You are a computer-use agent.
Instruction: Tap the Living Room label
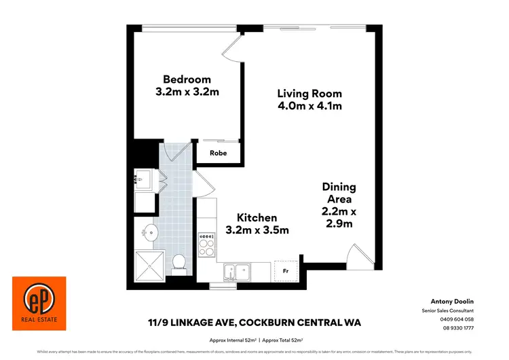[309, 94]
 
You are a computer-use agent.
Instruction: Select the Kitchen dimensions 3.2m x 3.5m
[257, 230]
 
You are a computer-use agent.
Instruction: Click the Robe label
[218, 154]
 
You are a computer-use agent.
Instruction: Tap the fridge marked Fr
[286, 269]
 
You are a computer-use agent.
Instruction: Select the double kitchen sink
[238, 272]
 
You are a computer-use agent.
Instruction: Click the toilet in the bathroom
[180, 262]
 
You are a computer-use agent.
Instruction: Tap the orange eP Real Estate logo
[39, 299]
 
